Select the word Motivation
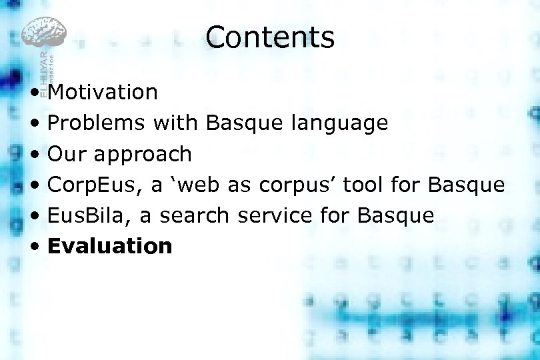pyautogui.click(x=103, y=92)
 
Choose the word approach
pyautogui.click(x=143, y=155)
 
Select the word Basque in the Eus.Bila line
pyautogui.click(x=396, y=215)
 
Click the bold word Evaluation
pyautogui.click(x=110, y=246)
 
